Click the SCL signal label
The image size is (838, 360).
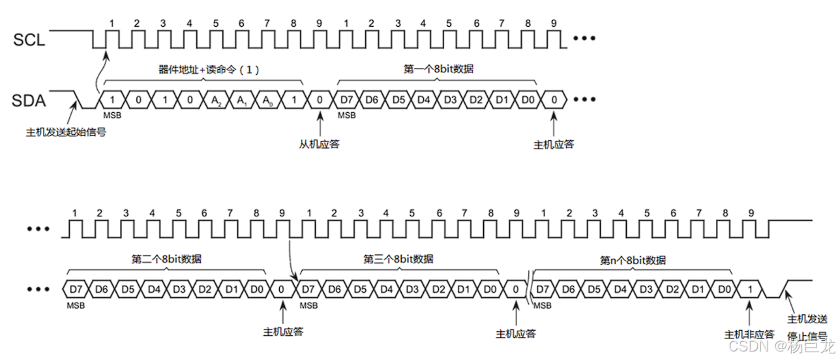point(29,40)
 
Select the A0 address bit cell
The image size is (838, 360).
point(267,100)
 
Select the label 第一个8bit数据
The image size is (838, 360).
point(436,69)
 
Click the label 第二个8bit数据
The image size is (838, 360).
point(166,259)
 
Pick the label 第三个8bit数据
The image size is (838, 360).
point(398,259)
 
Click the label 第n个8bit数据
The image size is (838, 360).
point(633,260)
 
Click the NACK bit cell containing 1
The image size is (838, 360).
point(751,288)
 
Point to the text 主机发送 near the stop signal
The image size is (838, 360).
point(808,319)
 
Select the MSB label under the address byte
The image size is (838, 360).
point(112,115)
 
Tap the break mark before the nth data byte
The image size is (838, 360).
point(528,287)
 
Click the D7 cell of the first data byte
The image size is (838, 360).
point(346,100)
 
